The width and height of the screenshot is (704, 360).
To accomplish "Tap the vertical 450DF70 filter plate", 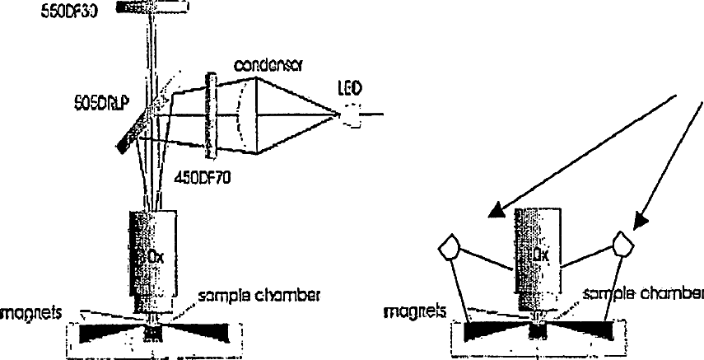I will [x=212, y=115].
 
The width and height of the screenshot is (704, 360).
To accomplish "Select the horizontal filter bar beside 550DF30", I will [x=152, y=6].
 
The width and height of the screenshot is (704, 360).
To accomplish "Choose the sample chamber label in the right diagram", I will [x=643, y=293].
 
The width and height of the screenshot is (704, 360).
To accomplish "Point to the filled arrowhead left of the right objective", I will [x=497, y=213].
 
